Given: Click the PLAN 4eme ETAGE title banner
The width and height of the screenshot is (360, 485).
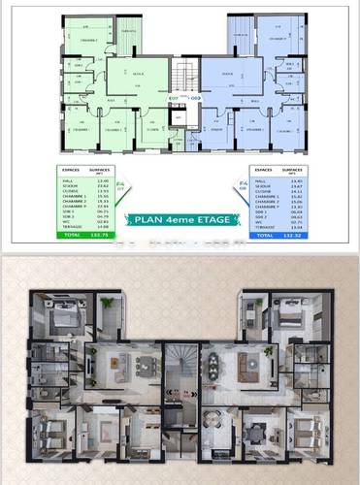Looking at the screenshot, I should point(180,219).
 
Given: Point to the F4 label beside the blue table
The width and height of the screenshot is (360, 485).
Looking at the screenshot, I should point(242,183).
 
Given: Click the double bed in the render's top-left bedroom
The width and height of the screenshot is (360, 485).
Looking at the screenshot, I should point(61,318).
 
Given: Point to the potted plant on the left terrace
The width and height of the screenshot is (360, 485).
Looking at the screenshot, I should point(108,303).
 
